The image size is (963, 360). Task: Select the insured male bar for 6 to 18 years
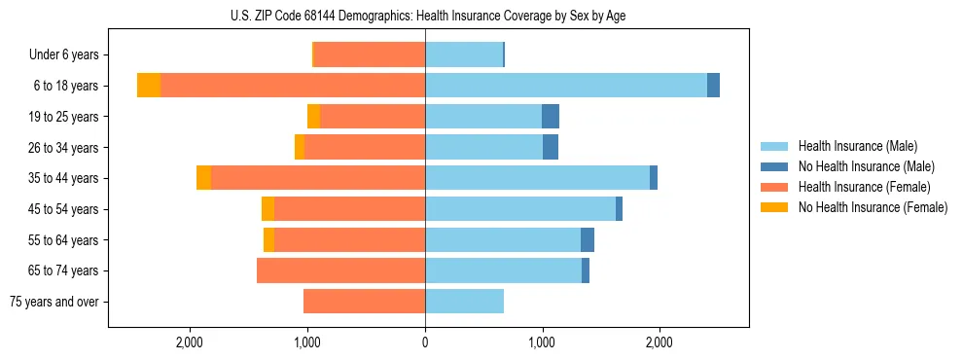click(x=565, y=86)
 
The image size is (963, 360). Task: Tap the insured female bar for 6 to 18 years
click(x=292, y=86)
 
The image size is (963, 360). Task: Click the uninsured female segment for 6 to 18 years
click(x=149, y=86)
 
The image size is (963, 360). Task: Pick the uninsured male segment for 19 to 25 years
click(x=551, y=117)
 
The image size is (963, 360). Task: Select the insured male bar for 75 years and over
click(x=464, y=302)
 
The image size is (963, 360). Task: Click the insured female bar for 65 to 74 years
click(x=340, y=270)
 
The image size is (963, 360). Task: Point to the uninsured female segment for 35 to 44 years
click(x=203, y=178)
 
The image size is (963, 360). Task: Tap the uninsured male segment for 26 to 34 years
click(x=551, y=147)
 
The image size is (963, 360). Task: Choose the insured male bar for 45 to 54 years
click(x=520, y=209)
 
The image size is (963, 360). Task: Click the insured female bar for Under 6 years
click(x=370, y=55)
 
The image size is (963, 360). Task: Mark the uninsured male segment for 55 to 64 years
click(x=588, y=239)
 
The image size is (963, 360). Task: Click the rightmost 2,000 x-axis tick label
click(x=660, y=342)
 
